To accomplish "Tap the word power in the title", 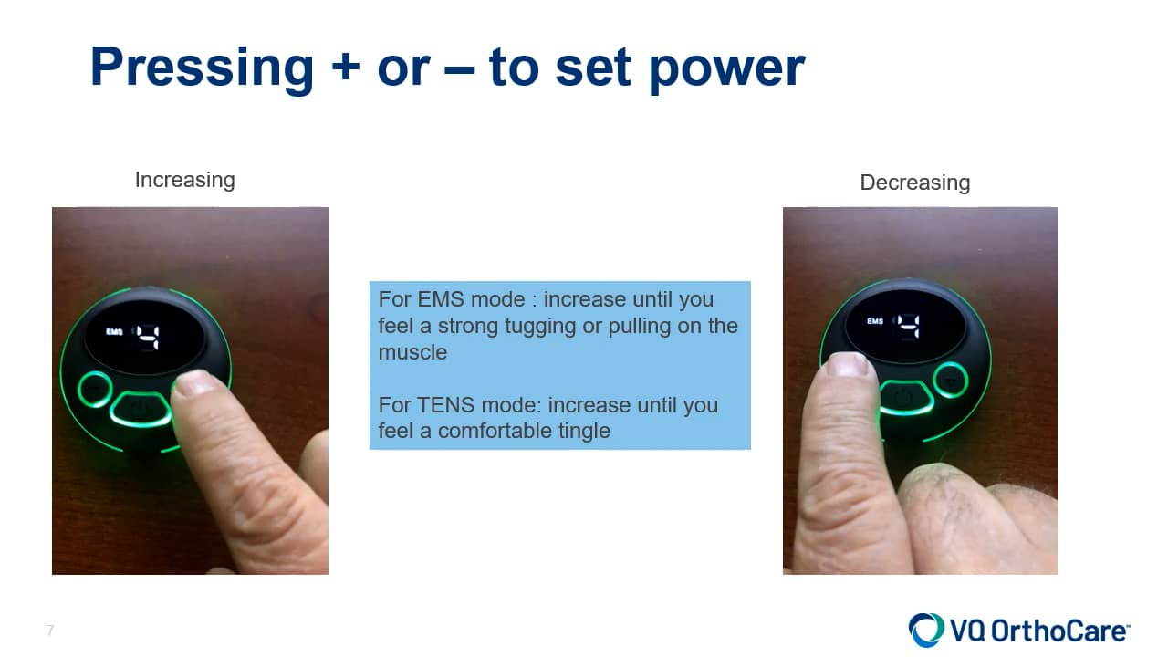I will pyautogui.click(x=727, y=68).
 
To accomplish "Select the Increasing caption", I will pyautogui.click(x=184, y=180).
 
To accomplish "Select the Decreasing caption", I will pyautogui.click(x=914, y=182).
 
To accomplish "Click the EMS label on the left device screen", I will pyautogui.click(x=114, y=333).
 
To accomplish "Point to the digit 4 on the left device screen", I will pyautogui.click(x=147, y=338).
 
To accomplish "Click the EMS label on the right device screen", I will pyautogui.click(x=875, y=322).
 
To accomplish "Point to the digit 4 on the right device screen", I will pyautogui.click(x=906, y=326).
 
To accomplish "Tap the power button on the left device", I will pyautogui.click(x=140, y=407).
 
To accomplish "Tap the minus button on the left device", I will pyautogui.click(x=94, y=391).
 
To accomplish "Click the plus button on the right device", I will pyautogui.click(x=950, y=379).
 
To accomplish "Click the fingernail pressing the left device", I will pyautogui.click(x=196, y=382).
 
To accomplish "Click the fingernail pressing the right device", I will pyautogui.click(x=849, y=365).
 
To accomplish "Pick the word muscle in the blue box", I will pyautogui.click(x=412, y=351).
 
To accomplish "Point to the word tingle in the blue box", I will pyautogui.click(x=577, y=431).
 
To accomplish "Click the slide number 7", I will pyautogui.click(x=51, y=631).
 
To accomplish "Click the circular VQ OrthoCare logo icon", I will pyautogui.click(x=926, y=631).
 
